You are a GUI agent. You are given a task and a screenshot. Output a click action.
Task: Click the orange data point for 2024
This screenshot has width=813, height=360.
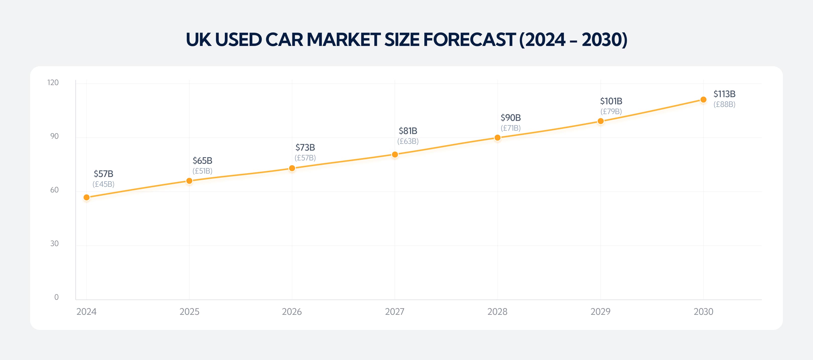(x=87, y=197)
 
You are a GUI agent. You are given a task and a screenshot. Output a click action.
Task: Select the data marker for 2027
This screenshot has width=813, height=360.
(x=395, y=154)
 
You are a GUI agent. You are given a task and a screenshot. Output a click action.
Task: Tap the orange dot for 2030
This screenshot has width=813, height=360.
(x=703, y=99)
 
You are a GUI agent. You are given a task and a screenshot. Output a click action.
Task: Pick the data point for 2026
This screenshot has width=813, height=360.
(x=292, y=168)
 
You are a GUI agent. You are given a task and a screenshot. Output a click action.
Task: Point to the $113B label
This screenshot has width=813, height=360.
(x=724, y=94)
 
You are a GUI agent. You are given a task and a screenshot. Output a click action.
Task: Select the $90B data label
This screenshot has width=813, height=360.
(x=510, y=117)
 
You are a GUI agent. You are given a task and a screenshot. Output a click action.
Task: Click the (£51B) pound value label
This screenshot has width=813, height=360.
(x=202, y=171)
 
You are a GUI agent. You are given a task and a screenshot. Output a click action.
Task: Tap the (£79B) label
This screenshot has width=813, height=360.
(x=611, y=111)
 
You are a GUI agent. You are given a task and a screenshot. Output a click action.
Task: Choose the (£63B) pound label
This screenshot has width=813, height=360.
(x=408, y=141)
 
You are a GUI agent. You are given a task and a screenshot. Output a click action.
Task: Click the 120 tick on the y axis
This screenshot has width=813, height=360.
(x=53, y=82)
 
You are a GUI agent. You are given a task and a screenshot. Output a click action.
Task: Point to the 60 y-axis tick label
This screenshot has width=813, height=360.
(x=54, y=190)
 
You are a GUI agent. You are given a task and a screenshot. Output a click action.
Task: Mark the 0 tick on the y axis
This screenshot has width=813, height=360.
(x=56, y=297)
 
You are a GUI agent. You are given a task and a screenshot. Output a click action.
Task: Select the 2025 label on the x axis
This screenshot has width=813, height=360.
(x=189, y=312)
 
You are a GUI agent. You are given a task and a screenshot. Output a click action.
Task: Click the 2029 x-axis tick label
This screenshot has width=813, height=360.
(x=600, y=312)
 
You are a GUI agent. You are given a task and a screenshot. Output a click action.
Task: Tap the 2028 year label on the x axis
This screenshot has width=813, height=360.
(x=497, y=312)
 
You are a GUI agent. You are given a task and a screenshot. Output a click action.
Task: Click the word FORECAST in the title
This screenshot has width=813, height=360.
(x=469, y=39)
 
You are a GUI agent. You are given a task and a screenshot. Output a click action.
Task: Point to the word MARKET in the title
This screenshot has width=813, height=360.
(x=344, y=39)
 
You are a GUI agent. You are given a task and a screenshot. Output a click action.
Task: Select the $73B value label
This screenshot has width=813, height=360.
(x=305, y=147)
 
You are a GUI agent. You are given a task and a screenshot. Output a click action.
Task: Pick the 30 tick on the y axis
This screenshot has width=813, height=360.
(x=54, y=244)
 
